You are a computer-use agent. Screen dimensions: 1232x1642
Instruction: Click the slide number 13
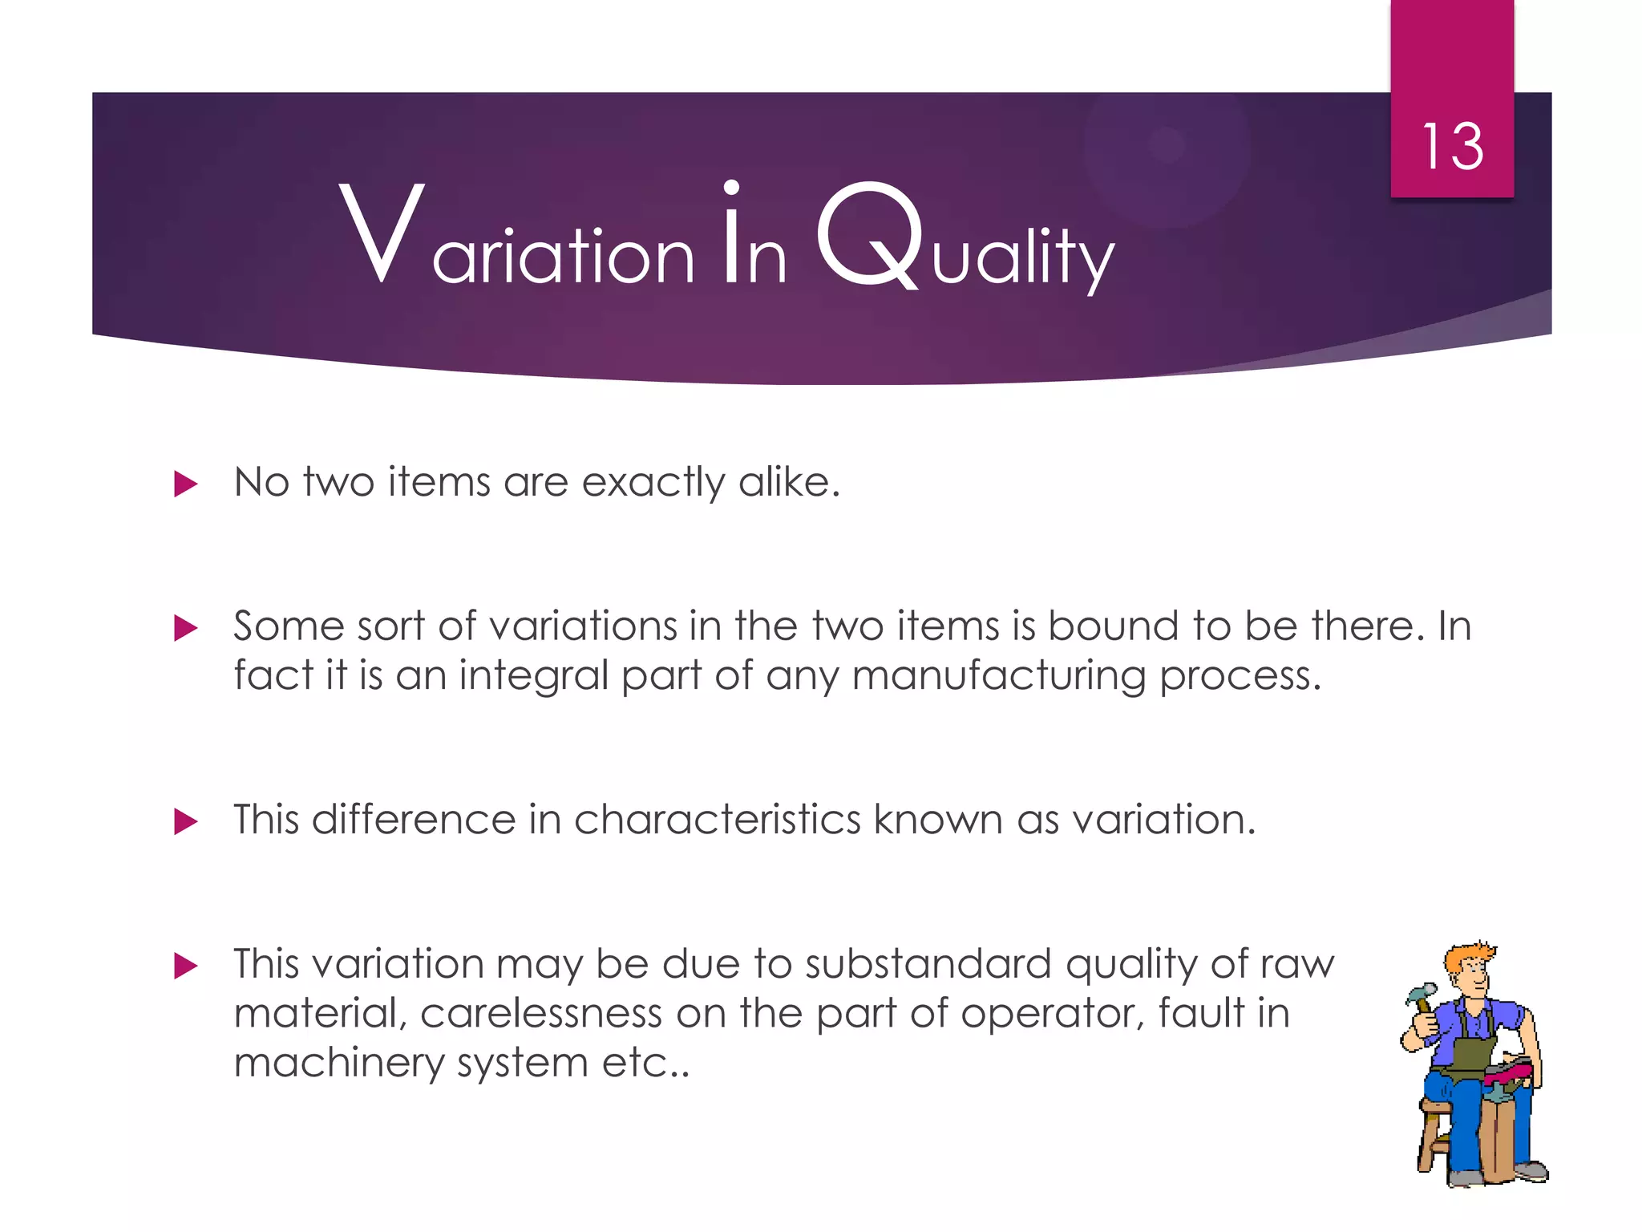1452,147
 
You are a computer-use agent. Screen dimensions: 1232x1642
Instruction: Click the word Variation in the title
516,237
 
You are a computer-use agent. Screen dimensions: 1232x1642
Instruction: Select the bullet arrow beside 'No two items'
185,484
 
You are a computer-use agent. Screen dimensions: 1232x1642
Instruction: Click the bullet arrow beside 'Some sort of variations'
185,628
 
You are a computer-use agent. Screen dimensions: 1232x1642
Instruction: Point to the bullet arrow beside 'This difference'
185,821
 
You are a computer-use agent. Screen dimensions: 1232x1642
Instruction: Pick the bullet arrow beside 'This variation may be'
185,966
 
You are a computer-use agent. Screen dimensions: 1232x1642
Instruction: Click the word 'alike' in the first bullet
788,482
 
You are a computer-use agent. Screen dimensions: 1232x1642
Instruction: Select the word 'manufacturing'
998,676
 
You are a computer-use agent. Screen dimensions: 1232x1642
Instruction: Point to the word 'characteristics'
717,820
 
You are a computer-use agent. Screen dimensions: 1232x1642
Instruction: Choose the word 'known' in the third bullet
937,820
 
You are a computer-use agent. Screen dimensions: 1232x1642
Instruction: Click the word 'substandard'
928,963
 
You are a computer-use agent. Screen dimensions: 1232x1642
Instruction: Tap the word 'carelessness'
540,1013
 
